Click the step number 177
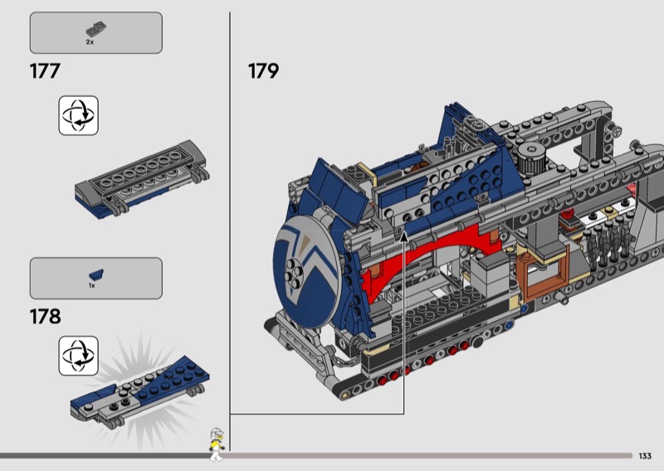coord(45,71)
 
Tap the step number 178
coord(46,317)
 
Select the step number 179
coord(263,71)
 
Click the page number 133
coord(645,456)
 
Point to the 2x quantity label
coord(90,42)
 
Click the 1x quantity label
coord(92,285)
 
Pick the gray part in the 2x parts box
coord(96,30)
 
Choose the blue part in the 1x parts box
coord(96,274)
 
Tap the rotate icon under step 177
coord(78,115)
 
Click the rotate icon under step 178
coord(78,356)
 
